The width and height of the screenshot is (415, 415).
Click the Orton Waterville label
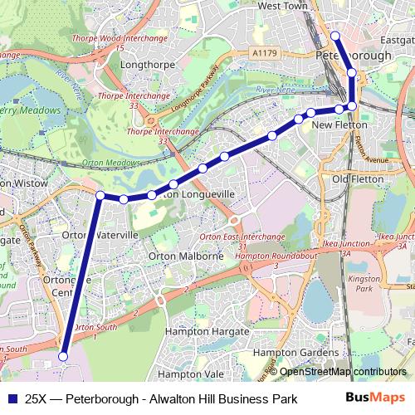[x=100, y=236]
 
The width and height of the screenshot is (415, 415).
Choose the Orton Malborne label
[x=185, y=256]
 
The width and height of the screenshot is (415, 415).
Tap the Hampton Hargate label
[x=207, y=331]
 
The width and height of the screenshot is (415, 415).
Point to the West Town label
[x=282, y=6]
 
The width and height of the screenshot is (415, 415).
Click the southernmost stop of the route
[x=63, y=356]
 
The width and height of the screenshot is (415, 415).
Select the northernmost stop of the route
[x=335, y=35]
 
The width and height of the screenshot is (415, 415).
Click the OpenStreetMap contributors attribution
[x=343, y=372]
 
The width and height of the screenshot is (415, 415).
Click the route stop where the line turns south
[x=100, y=195]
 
